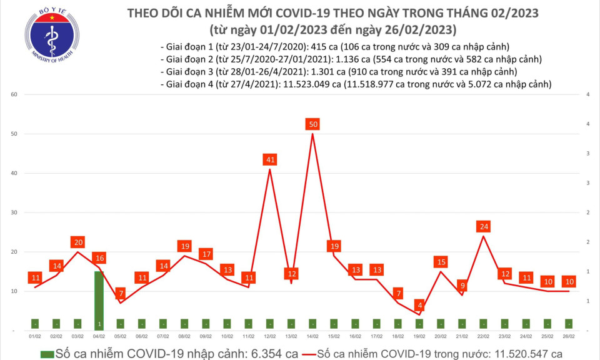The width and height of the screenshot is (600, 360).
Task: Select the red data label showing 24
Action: click(482, 226)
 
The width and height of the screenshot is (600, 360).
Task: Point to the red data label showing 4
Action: click(420, 305)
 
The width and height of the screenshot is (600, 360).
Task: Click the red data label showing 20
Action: click(78, 242)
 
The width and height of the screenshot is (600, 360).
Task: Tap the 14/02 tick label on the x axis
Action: click(312, 337)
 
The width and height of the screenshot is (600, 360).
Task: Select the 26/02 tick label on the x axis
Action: click(568, 337)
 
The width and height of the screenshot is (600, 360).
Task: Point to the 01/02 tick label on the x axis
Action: click(36, 337)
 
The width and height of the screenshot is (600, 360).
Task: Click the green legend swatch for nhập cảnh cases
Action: click(46, 354)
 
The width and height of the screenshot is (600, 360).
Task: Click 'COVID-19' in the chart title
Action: click(307, 13)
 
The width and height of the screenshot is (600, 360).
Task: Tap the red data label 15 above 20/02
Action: click(441, 262)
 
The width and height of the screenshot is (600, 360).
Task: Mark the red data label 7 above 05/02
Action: click(120, 293)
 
